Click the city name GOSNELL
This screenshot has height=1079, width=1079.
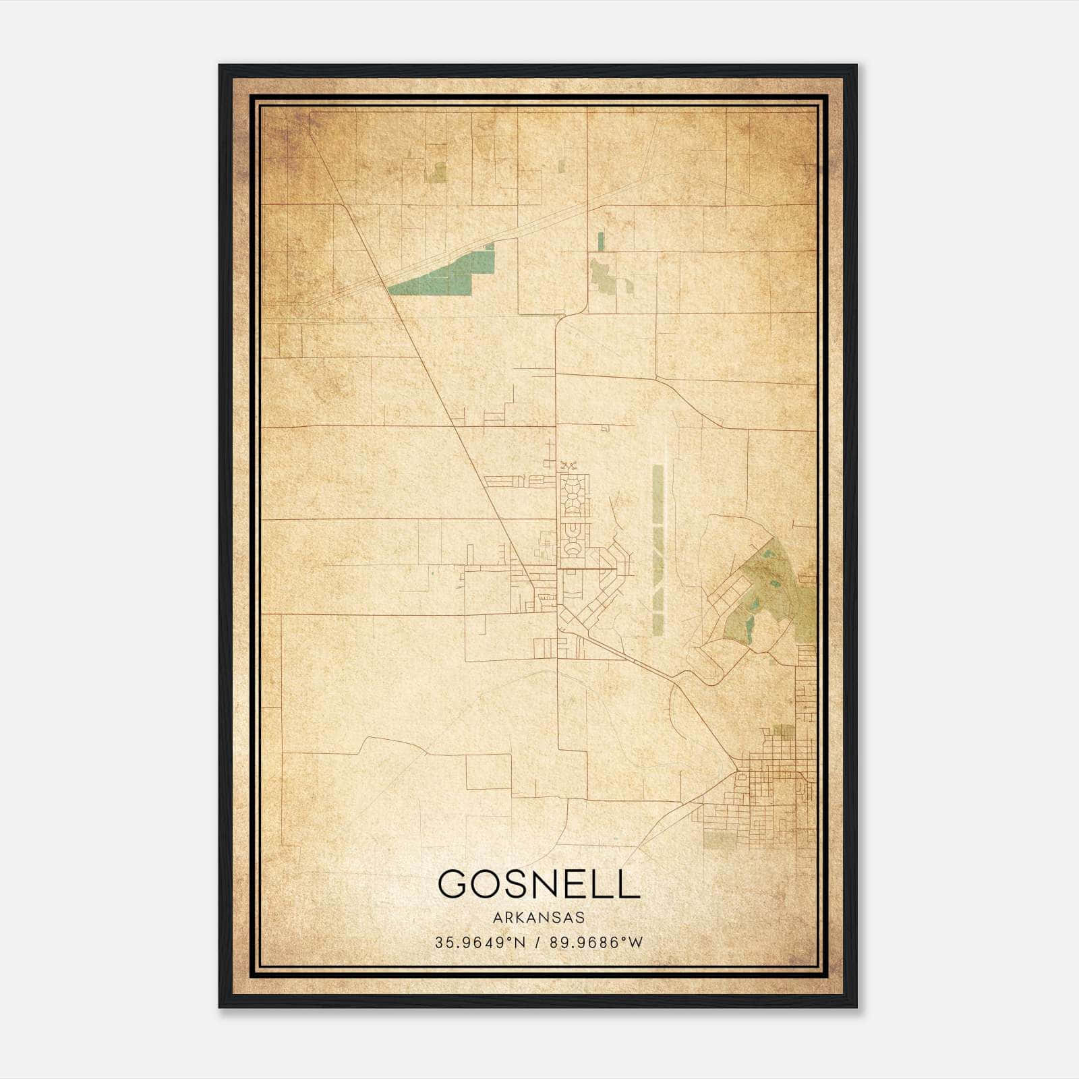[x=538, y=883]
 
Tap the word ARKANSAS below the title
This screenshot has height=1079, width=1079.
[x=538, y=918]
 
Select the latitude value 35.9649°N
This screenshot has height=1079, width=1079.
[x=479, y=942]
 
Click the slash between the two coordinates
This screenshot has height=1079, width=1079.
[x=537, y=942]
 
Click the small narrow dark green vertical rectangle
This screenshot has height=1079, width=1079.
[x=600, y=241]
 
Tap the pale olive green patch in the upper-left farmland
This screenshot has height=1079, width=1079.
[x=437, y=172]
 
